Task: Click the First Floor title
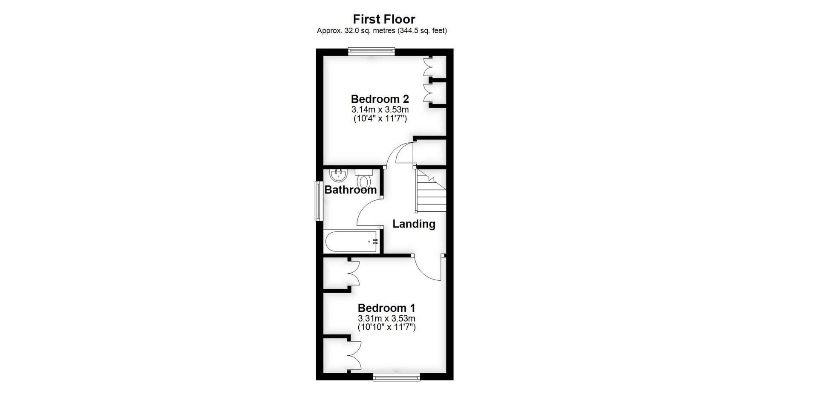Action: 384,19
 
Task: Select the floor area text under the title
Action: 382,31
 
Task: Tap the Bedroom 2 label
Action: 380,99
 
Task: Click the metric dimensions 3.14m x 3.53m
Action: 380,109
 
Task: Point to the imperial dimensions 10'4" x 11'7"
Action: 380,118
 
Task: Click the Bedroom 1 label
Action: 386,308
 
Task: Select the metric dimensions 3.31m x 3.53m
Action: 386,318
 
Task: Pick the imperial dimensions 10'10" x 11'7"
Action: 386,327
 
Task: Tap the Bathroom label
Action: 350,190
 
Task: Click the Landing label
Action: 414,224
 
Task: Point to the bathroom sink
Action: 339,175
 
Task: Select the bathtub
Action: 351,242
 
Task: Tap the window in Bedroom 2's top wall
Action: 371,52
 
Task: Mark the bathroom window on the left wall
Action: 318,201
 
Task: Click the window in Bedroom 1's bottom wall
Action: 396,377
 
